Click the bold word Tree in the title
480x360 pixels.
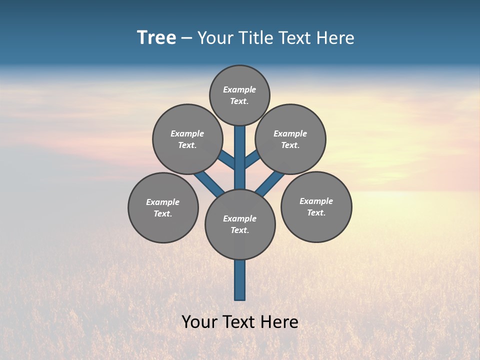156,38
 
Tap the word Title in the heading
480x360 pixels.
253,38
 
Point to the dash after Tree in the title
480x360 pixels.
186,38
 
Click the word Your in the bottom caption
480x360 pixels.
199,321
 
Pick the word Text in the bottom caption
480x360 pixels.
240,321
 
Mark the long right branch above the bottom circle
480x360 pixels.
270,183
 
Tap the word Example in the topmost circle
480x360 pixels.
239,89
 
